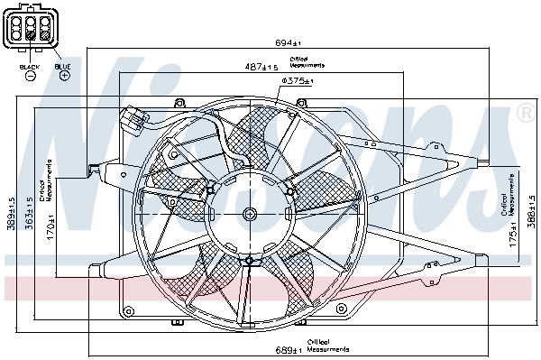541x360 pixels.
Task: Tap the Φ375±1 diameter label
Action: click(x=297, y=81)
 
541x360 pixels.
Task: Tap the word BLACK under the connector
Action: click(x=29, y=67)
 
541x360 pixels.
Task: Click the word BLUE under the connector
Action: click(x=62, y=67)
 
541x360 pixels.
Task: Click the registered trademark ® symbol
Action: click(x=524, y=114)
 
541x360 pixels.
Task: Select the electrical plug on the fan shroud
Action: click(x=133, y=119)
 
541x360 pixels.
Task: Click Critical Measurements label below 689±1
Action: click(x=326, y=345)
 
